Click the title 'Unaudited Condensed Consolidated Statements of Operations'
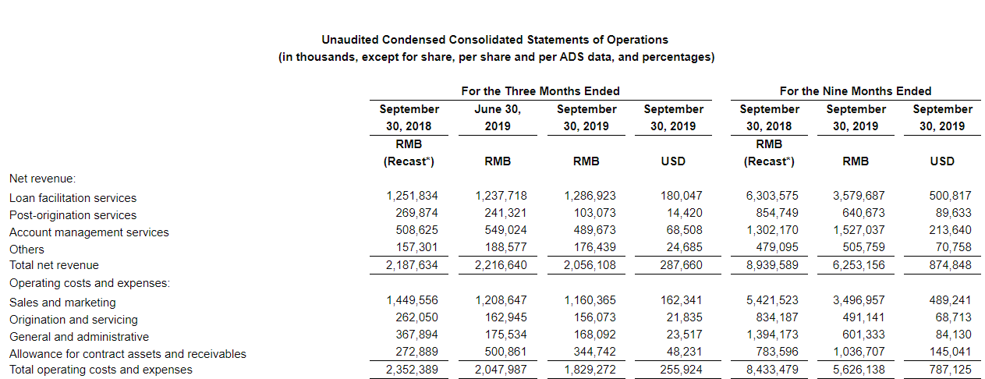[x=494, y=40]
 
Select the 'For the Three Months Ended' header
[x=540, y=91]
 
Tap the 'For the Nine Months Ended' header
[x=855, y=91]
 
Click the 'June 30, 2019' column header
[x=497, y=118]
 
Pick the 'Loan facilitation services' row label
[x=73, y=198]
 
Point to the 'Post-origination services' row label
[x=73, y=215]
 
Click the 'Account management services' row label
[x=89, y=232]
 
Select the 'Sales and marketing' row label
[x=62, y=303]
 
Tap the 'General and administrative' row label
[x=79, y=337]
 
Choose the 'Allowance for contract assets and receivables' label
[x=128, y=354]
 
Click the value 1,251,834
[x=412, y=197]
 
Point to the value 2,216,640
[x=501, y=265]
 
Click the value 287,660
[x=681, y=265]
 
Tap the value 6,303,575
[x=772, y=197]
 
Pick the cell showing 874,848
[x=948, y=265]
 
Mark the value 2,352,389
[x=412, y=370]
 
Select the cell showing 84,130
[x=951, y=335]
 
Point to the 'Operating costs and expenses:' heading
[x=90, y=282]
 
